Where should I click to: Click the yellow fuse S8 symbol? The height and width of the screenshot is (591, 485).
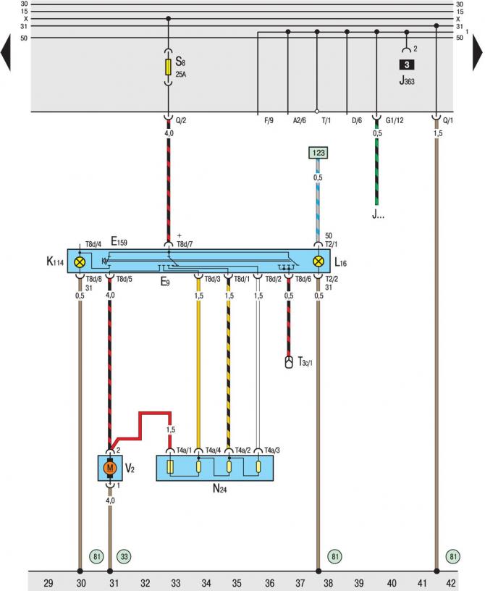169,67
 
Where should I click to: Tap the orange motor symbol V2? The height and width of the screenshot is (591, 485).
110,468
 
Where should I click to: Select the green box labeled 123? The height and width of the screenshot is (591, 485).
318,154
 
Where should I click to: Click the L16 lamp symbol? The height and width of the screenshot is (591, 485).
317,261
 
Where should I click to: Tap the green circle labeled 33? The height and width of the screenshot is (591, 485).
125,557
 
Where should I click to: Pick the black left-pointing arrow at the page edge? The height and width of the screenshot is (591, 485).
7,54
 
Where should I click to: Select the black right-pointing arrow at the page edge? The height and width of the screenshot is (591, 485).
478,54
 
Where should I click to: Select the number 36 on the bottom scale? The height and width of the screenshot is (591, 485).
269,582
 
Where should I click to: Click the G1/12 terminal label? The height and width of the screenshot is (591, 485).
396,120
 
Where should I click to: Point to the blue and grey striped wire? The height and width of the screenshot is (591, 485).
318,210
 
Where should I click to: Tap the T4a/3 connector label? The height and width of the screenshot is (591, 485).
273,450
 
